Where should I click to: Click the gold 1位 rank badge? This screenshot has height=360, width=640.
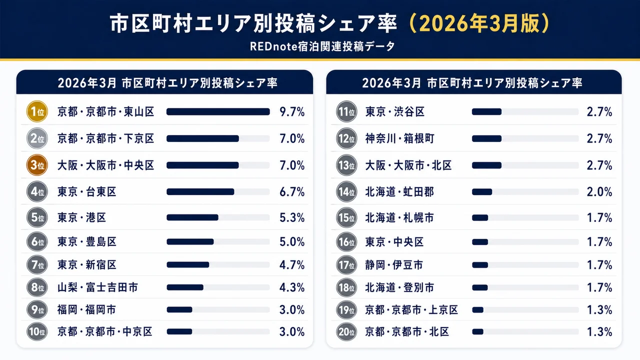(x=36, y=112)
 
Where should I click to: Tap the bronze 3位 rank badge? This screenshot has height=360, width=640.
(x=36, y=165)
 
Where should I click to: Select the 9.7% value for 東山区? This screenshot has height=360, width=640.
(x=292, y=112)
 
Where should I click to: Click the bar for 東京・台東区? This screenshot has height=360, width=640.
(x=200, y=192)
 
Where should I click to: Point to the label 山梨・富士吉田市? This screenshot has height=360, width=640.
(x=97, y=287)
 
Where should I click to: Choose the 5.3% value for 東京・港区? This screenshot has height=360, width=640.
(x=292, y=217)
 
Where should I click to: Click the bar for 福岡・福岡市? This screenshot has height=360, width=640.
(x=179, y=310)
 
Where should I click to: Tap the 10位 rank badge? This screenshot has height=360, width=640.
(x=36, y=331)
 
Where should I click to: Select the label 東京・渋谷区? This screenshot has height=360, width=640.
(x=395, y=112)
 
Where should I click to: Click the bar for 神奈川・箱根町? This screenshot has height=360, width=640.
(x=486, y=138)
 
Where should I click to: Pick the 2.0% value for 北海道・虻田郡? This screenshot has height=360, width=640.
(x=599, y=192)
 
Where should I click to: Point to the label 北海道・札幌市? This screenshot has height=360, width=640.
(x=399, y=217)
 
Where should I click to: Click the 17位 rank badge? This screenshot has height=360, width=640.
(x=346, y=265)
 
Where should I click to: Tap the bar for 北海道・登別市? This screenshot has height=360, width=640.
(x=480, y=287)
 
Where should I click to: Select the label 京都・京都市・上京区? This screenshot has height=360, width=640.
(x=411, y=310)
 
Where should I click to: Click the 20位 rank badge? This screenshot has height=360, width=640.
(x=346, y=331)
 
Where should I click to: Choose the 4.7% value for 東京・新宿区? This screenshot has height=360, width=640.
(x=292, y=265)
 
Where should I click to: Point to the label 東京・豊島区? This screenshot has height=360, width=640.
(x=87, y=242)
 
